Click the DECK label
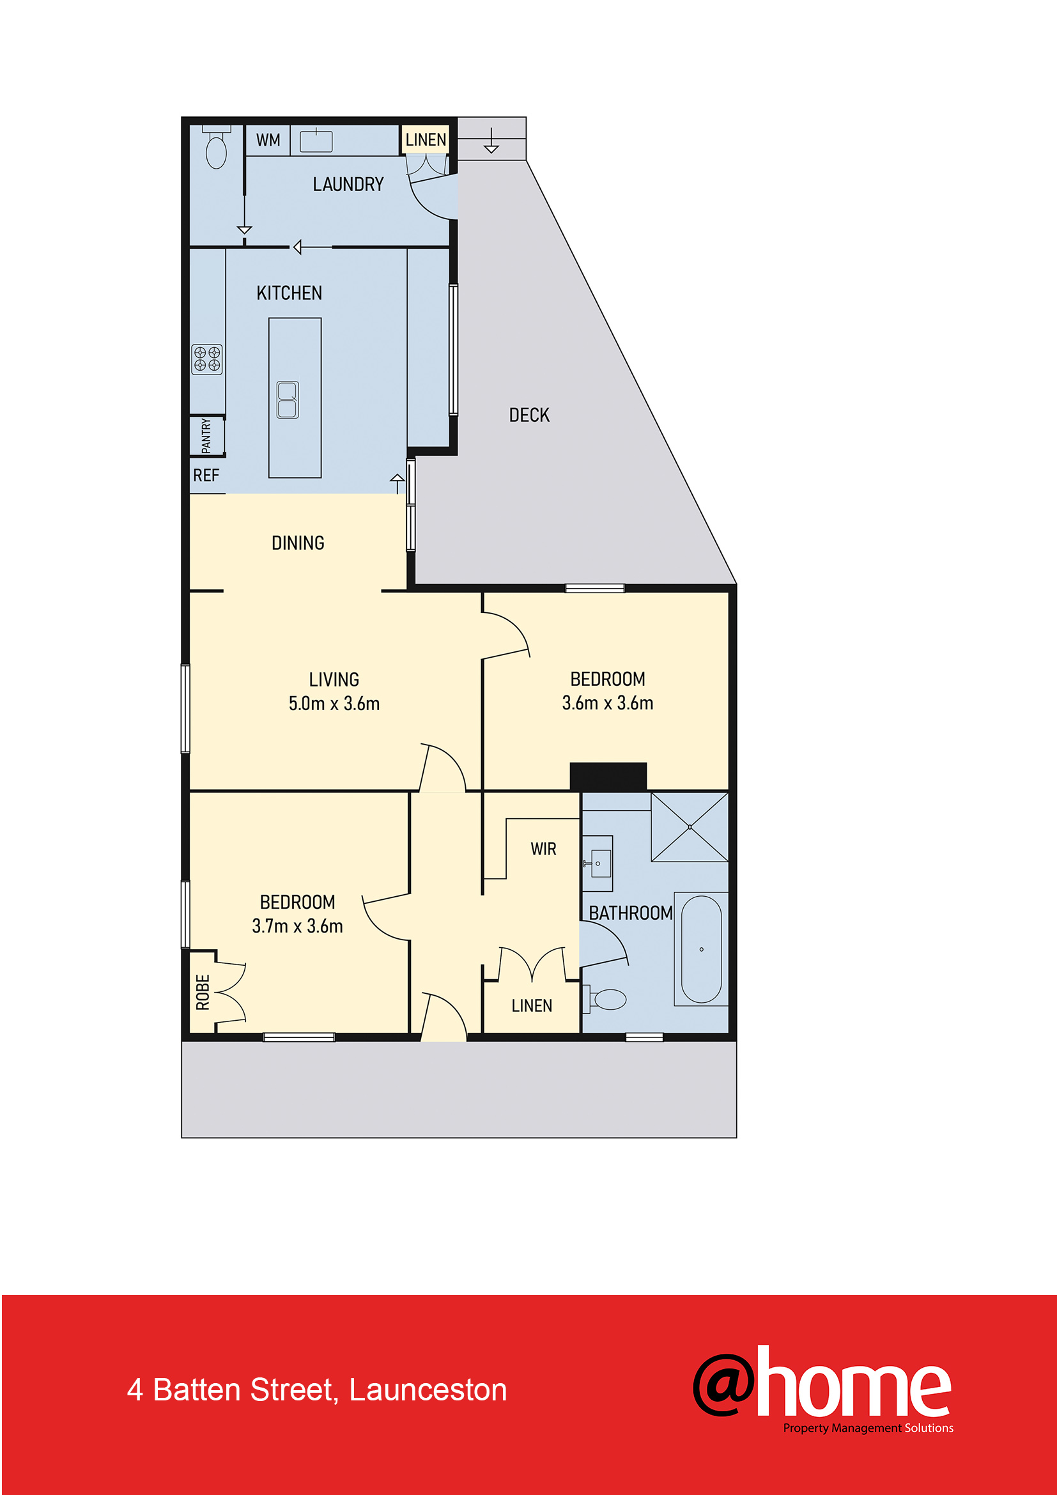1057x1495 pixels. pos(529,415)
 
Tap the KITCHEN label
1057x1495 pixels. pos(289,293)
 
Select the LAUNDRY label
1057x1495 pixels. pos(348,184)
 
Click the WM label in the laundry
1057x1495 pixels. pos(268,140)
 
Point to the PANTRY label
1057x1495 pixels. pos(206,436)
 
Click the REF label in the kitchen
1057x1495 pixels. pos(206,476)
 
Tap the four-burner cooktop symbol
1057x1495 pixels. pos(207,359)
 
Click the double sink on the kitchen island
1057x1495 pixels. pos(288,399)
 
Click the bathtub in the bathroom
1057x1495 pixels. pos(702,949)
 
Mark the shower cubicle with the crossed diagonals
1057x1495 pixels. pos(690,827)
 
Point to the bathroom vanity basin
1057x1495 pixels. pos(597,864)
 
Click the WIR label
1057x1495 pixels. pos(543,849)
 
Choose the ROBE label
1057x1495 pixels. pos(203,993)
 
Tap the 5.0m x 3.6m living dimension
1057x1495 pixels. pos(334,703)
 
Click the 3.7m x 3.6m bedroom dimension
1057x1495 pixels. pos(297,926)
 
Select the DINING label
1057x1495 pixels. pos(297,543)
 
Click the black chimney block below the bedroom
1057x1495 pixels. pos(608,776)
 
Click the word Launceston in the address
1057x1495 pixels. pos(428,1390)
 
